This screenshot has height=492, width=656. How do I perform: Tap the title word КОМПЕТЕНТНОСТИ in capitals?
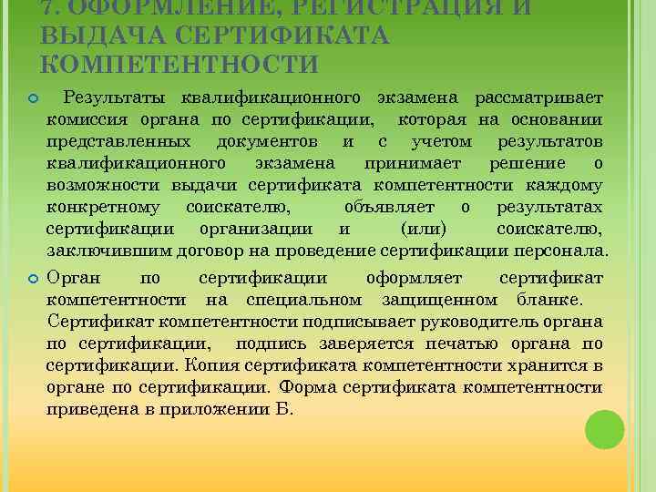(x=179, y=65)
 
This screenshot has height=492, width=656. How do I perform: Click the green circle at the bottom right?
(x=605, y=429)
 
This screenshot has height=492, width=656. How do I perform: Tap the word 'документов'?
(x=268, y=141)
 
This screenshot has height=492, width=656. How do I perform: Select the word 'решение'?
(x=528, y=163)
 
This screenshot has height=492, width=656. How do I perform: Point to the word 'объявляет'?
(x=384, y=207)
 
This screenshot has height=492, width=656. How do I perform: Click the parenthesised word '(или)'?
(x=424, y=229)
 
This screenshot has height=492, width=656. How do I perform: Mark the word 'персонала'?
(x=563, y=251)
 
